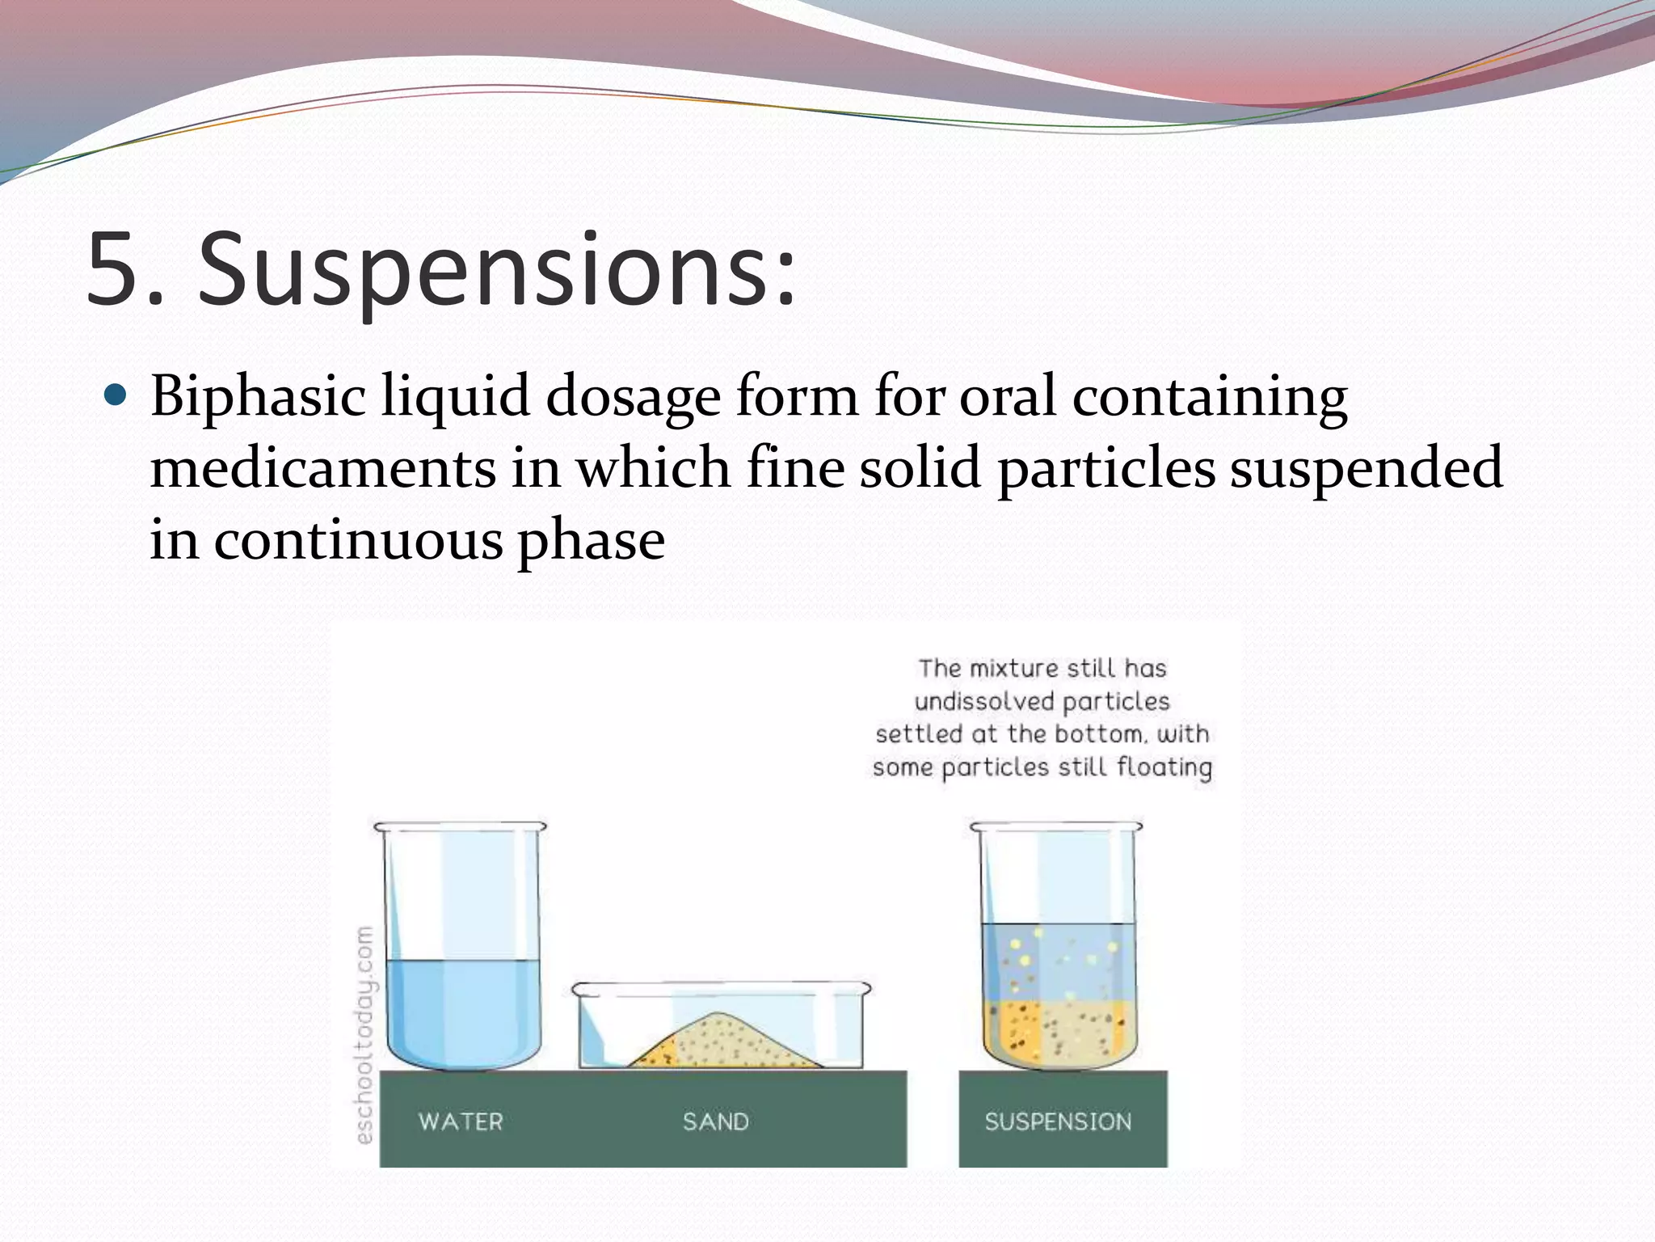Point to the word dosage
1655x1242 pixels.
click(633, 398)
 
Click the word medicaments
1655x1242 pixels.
click(322, 468)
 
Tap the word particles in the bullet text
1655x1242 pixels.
click(1106, 468)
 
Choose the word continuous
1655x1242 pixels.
click(358, 539)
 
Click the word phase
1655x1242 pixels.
click(591, 539)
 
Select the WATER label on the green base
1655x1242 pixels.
click(461, 1122)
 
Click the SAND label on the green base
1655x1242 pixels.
click(715, 1122)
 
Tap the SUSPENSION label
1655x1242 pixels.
click(1058, 1122)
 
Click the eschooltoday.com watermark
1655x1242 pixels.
click(364, 1035)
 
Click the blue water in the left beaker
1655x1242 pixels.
click(462, 1011)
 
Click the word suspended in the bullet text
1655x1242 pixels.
click(1366, 468)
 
